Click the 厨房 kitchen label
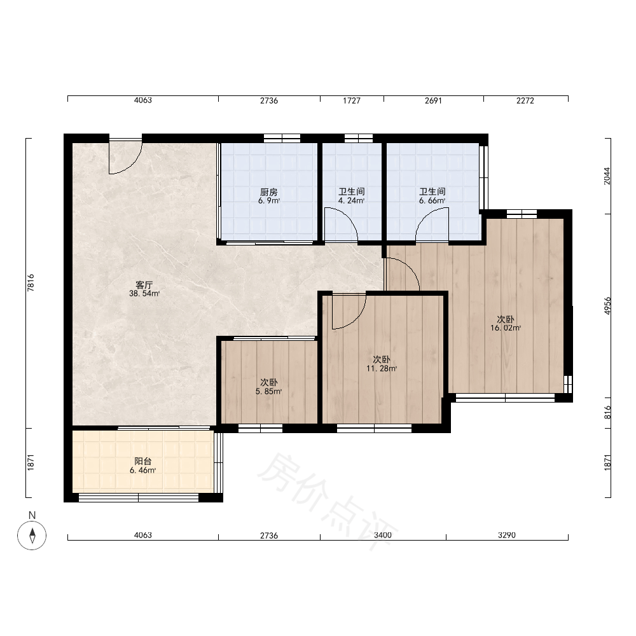pyautogui.click(x=269, y=192)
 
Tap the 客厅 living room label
pyautogui.click(x=144, y=285)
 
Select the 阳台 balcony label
pyautogui.click(x=142, y=461)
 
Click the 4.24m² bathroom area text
pyautogui.click(x=351, y=200)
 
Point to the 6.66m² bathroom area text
pyautogui.click(x=432, y=200)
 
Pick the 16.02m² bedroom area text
pyautogui.click(x=506, y=328)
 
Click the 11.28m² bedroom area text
pyautogui.click(x=381, y=368)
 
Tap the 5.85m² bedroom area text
pyautogui.click(x=268, y=391)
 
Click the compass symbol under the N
pyautogui.click(x=32, y=536)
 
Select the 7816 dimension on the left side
pyautogui.click(x=31, y=283)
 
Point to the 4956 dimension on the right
pyautogui.click(x=607, y=306)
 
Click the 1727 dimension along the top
pyautogui.click(x=351, y=100)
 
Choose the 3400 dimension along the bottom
pyautogui.click(x=382, y=535)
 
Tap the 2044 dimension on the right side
pyautogui.click(x=607, y=176)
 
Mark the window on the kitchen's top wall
pyautogui.click(x=282, y=138)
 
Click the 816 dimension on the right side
pyautogui.click(x=607, y=413)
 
